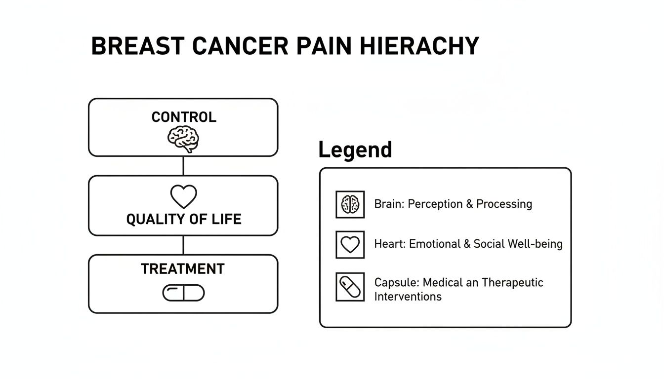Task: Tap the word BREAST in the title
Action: coord(138,46)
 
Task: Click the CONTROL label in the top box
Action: coord(183,117)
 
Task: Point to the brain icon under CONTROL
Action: coord(183,138)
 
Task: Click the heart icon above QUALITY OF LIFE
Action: coord(183,196)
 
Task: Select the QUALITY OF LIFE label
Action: coord(183,219)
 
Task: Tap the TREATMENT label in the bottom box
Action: coord(182,269)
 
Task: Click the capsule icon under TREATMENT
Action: coord(183,293)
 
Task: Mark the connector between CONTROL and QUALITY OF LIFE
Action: coord(183,166)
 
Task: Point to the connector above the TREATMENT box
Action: coord(183,245)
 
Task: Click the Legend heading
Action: coord(355,150)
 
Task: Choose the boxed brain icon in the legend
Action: coord(350,204)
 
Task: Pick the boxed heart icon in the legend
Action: coord(350,244)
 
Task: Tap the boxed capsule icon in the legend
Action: coord(350,286)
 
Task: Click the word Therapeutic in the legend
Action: coord(512,283)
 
